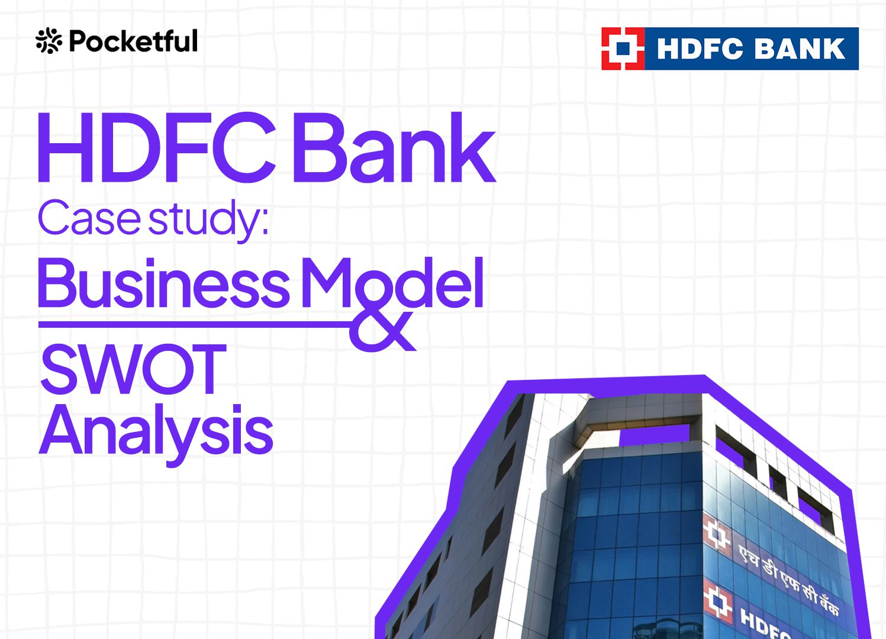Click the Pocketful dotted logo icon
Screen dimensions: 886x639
[49, 40]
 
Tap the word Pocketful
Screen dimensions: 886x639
[133, 40]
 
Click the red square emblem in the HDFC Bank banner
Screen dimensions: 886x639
[623, 49]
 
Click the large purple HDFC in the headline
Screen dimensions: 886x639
[157, 147]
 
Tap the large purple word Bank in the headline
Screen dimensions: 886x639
[394, 147]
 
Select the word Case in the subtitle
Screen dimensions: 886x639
[89, 218]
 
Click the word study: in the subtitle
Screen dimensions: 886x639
[208, 220]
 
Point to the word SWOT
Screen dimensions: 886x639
[133, 369]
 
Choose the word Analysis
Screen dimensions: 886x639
[156, 434]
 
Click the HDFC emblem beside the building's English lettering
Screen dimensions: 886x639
[717, 603]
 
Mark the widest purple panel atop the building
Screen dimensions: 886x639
[654, 434]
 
